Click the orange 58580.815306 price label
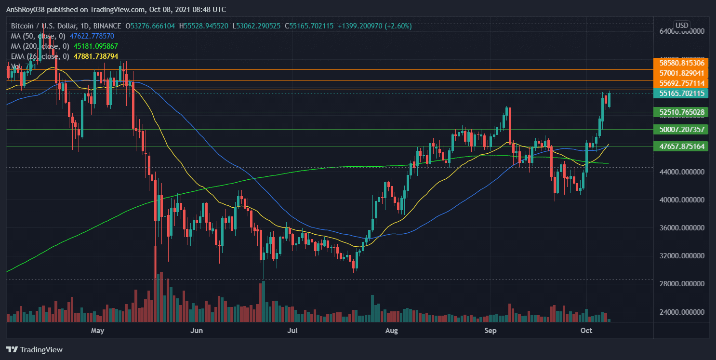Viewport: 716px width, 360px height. pyautogui.click(x=681, y=63)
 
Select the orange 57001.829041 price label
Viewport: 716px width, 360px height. pyautogui.click(x=681, y=73)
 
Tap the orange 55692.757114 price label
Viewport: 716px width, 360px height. pyautogui.click(x=681, y=83)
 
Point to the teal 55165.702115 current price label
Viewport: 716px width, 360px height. pyautogui.click(x=681, y=93)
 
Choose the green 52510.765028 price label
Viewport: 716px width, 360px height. pyautogui.click(x=681, y=112)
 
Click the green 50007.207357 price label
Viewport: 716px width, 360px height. pyautogui.click(x=681, y=129)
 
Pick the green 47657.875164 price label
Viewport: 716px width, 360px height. pyautogui.click(x=681, y=146)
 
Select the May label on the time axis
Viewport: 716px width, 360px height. pyautogui.click(x=98, y=331)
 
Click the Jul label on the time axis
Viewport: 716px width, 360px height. pyautogui.click(x=293, y=331)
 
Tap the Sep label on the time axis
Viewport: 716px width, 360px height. pyautogui.click(x=491, y=331)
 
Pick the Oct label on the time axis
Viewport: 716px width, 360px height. pyautogui.click(x=586, y=331)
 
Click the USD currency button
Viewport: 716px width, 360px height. pyautogui.click(x=682, y=25)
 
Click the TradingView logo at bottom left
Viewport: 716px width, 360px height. pyautogui.click(x=35, y=350)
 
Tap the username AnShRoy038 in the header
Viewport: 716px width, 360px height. pyautogui.click(x=27, y=10)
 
